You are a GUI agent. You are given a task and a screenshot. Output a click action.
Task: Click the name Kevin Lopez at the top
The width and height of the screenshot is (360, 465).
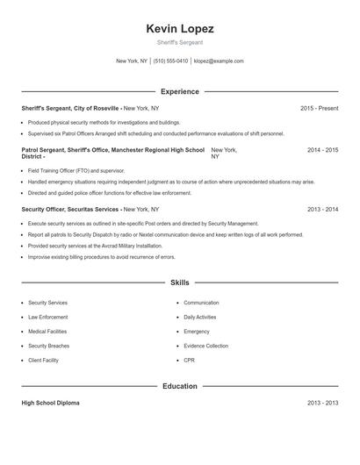tap(179, 29)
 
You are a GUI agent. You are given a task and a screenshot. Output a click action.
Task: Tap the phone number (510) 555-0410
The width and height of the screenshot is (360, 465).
tap(170, 61)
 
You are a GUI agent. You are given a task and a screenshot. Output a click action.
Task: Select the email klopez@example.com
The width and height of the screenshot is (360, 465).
tap(219, 61)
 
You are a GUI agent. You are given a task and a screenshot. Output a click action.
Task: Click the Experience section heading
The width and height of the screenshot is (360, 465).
tap(179, 91)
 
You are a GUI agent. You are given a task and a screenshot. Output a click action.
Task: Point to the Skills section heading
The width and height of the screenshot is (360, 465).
tap(179, 283)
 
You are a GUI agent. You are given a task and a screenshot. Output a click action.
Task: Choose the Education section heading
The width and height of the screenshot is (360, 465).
tap(179, 386)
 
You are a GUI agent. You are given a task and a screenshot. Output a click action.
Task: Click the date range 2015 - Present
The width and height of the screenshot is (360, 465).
tap(319, 108)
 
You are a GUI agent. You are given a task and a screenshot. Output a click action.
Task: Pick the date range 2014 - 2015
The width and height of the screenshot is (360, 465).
tap(322, 151)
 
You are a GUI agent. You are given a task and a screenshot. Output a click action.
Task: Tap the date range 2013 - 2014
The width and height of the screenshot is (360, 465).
tap(322, 210)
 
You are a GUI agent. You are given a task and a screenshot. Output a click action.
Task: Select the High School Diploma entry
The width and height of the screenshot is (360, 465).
tap(50, 403)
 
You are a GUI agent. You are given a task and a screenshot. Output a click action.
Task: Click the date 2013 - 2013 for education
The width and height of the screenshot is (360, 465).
tap(322, 403)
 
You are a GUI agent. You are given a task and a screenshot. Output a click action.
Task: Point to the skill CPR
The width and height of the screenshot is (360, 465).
tap(190, 361)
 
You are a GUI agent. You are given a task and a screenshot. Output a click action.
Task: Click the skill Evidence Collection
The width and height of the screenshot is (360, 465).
tap(205, 347)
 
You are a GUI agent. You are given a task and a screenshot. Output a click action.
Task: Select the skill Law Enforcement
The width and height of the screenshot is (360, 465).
tap(47, 317)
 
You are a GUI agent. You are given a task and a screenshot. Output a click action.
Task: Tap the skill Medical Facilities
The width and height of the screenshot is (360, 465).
tap(47, 332)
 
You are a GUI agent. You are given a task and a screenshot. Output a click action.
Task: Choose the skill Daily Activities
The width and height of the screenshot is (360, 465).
tap(200, 317)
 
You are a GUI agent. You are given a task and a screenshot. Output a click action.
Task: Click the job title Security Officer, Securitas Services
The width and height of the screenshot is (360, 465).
tap(70, 210)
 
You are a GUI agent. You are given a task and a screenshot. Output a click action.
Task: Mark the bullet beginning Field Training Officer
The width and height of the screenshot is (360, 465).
tap(76, 171)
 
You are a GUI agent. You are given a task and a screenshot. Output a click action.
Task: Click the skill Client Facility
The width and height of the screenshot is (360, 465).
tap(44, 361)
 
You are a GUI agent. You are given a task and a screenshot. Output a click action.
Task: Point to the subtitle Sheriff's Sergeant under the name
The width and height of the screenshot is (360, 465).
tap(179, 42)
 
